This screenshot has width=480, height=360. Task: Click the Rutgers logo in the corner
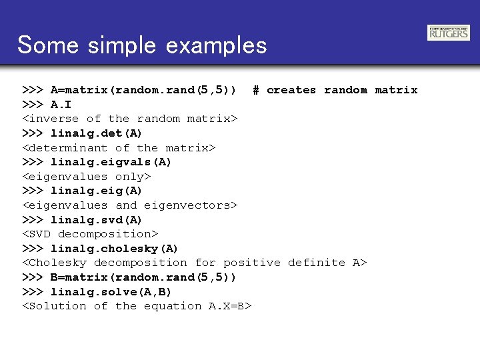449,32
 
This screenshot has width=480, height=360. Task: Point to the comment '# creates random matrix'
335,90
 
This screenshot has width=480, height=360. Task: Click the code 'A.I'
61,105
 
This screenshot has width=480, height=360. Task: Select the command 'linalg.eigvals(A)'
111,162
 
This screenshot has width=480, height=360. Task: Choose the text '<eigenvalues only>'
87,177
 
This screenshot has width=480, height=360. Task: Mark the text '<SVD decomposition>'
90,234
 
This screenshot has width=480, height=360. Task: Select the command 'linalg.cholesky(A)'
114,249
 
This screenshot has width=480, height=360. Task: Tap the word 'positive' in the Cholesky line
251,263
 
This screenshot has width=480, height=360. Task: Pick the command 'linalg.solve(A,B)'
111,292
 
